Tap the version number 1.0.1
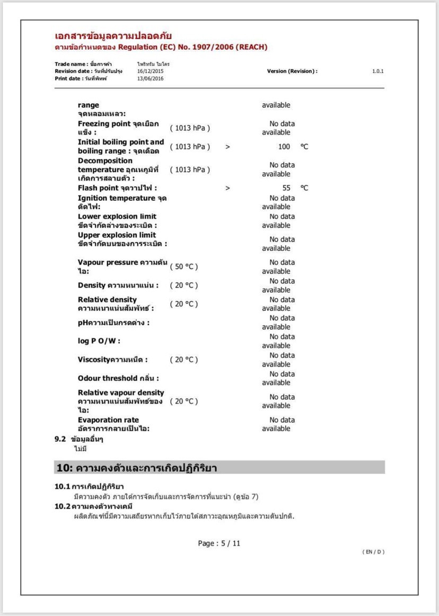click(377, 71)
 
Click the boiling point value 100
click(284, 147)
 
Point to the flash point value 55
click(286, 188)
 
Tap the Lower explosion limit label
click(117, 217)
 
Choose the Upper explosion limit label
click(117, 235)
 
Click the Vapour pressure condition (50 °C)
click(183, 266)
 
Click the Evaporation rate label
click(108, 420)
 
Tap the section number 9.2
click(60, 439)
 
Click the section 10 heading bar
click(219, 468)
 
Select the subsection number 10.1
click(62, 486)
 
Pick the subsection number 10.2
click(62, 506)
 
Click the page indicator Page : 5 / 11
click(219, 543)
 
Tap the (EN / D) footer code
click(373, 552)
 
